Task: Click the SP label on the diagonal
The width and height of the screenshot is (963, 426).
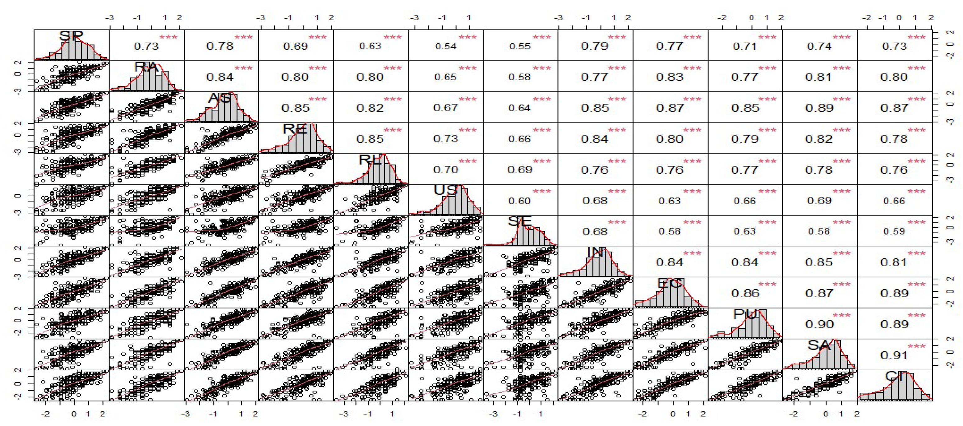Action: pyautogui.click(x=71, y=36)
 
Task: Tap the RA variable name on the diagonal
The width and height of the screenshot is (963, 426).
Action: pyautogui.click(x=146, y=67)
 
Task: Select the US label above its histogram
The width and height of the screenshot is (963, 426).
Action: pyautogui.click(x=445, y=190)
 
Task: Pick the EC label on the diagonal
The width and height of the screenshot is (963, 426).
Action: pyautogui.click(x=670, y=284)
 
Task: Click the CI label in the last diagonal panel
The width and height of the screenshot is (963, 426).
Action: pyautogui.click(x=894, y=376)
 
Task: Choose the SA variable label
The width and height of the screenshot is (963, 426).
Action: pyautogui.click(x=819, y=345)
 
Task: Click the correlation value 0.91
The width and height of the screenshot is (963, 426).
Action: pyautogui.click(x=894, y=355)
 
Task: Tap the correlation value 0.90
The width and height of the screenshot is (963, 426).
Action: pyautogui.click(x=819, y=324)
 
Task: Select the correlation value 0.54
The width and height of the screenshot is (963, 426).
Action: pyautogui.click(x=446, y=46)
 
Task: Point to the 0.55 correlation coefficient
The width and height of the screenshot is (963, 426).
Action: pyautogui.click(x=520, y=46)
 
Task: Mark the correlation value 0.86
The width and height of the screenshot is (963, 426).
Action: pyautogui.click(x=745, y=293)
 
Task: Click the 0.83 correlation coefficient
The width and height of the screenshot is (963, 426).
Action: pyautogui.click(x=670, y=77)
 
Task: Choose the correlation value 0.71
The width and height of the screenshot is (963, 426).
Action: pyautogui.click(x=745, y=46)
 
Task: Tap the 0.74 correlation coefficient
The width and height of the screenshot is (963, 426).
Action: pyautogui.click(x=819, y=46)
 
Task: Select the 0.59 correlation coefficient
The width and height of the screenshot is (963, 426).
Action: pyautogui.click(x=894, y=232)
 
